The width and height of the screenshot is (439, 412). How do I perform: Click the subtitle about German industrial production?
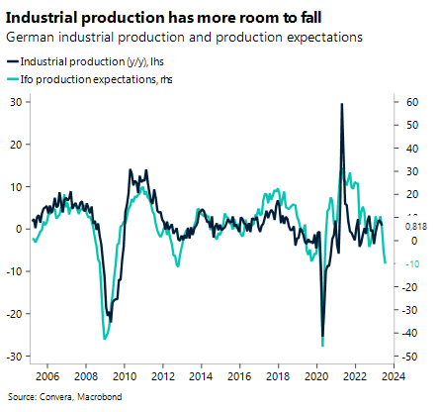coord(184,37)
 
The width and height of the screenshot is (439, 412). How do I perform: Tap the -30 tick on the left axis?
coord(14,357)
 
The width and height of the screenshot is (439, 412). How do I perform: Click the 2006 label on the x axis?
coord(46,377)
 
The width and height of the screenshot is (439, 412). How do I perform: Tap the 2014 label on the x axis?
coord(201,377)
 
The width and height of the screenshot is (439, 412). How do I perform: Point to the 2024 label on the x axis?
coord(393,377)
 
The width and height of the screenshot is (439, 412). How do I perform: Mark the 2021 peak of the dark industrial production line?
coord(341,104)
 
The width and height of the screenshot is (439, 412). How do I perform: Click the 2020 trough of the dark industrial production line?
coord(322,337)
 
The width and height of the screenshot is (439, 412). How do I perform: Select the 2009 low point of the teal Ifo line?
coord(105,339)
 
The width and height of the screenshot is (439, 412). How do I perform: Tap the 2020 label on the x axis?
coord(316,377)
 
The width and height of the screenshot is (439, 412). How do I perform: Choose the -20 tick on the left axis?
coord(14,314)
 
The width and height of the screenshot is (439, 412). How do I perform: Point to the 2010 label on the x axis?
coord(124,377)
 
